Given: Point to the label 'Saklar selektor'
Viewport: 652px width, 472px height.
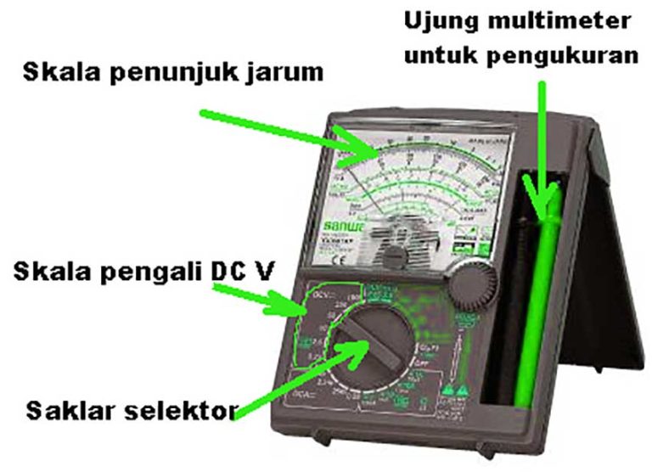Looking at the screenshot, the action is click(130, 413).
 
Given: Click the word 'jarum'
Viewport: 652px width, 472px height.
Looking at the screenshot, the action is click(285, 72).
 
